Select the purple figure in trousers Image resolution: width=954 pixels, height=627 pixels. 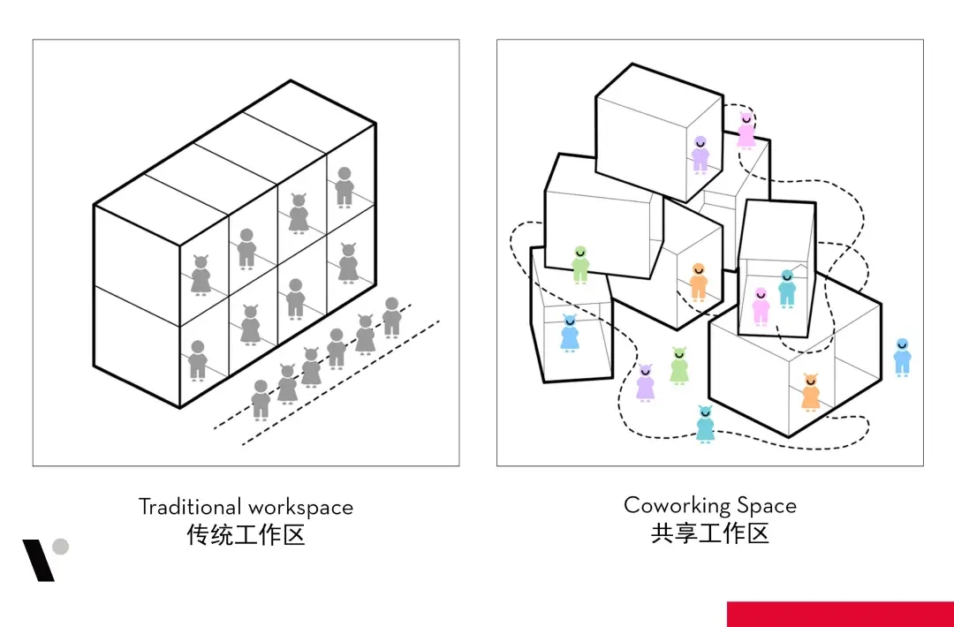[700, 155]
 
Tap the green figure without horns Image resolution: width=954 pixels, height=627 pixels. [579, 264]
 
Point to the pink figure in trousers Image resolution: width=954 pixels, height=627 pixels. [761, 306]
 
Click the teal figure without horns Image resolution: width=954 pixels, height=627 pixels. [786, 289]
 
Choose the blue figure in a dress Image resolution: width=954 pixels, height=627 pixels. [570, 334]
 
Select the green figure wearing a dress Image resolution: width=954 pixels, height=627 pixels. [678, 366]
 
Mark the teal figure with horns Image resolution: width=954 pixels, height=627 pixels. [705, 424]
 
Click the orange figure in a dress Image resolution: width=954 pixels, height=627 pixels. [811, 392]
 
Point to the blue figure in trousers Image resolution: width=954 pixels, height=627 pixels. [901, 357]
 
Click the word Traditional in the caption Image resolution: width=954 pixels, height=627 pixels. [189, 507]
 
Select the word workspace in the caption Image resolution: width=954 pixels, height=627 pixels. [300, 508]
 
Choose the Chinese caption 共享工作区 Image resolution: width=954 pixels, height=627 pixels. [710, 533]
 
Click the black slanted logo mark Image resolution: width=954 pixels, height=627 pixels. [38, 560]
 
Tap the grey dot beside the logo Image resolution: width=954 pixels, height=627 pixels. [60, 547]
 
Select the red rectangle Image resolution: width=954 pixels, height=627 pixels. [840, 614]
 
